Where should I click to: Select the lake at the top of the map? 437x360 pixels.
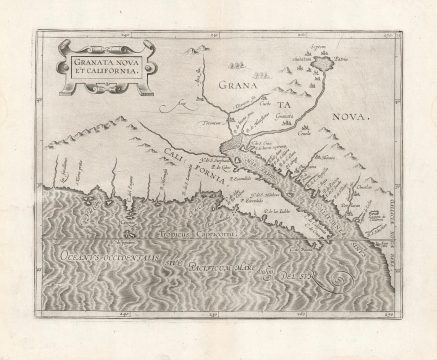coord(321,62)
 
